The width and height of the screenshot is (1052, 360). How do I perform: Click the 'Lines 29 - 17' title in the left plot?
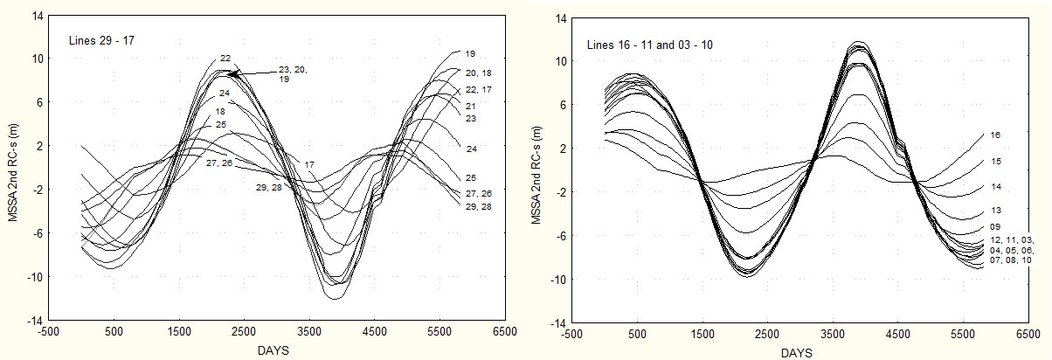coord(101,40)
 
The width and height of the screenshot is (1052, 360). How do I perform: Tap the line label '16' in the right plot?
coord(995,135)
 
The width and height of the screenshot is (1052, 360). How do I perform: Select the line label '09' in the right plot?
coord(995,227)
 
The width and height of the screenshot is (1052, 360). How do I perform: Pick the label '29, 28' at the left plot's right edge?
coord(478,206)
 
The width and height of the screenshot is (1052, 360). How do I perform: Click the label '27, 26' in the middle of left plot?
coord(219,163)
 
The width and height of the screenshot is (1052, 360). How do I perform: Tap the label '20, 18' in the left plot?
coord(478,73)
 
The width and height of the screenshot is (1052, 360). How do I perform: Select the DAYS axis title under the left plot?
coord(273,350)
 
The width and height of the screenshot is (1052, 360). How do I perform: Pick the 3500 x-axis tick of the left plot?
coord(309,332)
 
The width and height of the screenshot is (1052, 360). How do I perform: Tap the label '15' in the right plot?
coord(995,162)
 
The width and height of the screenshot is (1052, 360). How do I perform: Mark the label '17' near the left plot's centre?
coord(309,164)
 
